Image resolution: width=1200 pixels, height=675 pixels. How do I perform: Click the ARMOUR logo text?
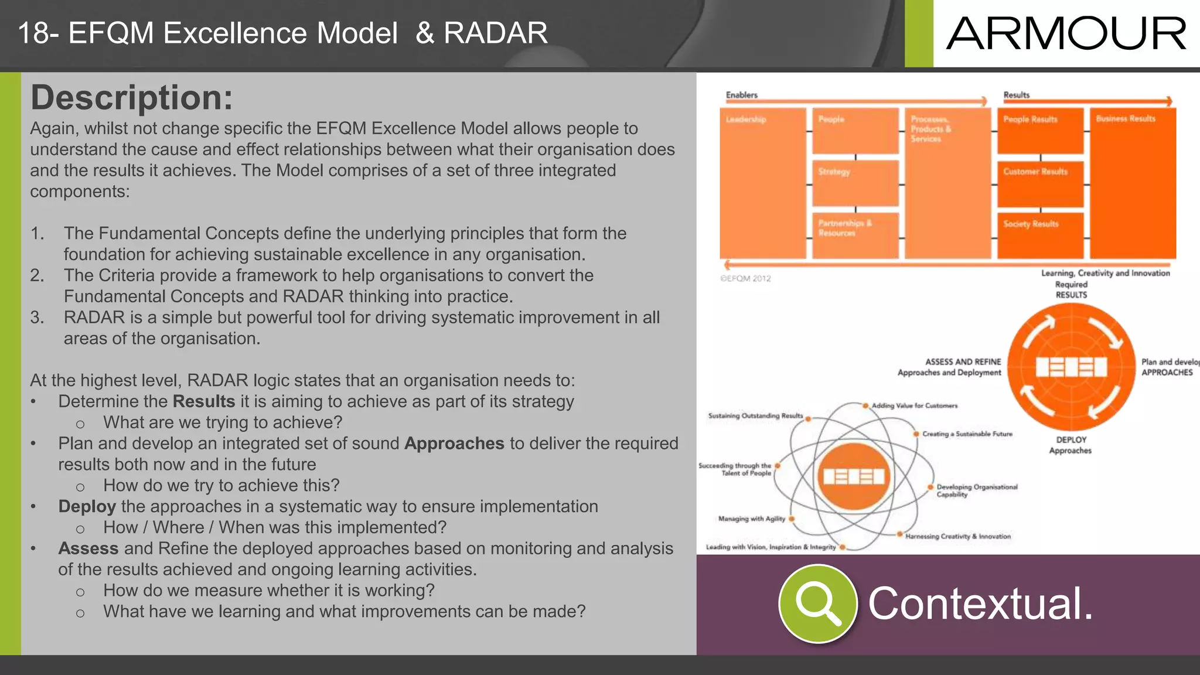coord(1066,33)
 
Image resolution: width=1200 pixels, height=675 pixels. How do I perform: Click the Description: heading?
coord(132,97)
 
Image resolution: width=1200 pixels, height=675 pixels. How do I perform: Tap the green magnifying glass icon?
coord(817,604)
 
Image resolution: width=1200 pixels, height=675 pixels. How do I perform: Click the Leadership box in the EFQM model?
coord(762,182)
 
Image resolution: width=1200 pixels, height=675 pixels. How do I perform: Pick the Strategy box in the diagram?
coord(855,182)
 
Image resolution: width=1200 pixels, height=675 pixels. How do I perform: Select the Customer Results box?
coord(1040,183)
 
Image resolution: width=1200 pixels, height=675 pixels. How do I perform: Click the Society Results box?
coord(1040,234)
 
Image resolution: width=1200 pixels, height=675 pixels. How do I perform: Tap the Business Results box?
coord(1132,182)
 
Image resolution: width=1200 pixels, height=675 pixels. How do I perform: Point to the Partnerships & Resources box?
coord(855,234)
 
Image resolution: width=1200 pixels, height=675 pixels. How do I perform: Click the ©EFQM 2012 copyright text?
coord(745,279)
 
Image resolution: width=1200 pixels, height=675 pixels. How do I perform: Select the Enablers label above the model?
coord(741,95)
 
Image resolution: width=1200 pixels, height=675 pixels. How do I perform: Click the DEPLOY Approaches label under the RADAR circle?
coord(1071,445)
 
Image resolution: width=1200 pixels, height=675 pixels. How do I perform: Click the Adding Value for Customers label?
coord(914,405)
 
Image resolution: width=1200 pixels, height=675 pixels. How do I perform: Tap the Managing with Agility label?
coord(752,519)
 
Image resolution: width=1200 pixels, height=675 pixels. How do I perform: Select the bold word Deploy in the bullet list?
coord(87,507)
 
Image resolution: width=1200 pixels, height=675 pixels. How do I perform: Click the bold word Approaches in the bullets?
coord(454,444)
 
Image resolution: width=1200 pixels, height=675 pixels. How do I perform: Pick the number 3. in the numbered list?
coord(37,318)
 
